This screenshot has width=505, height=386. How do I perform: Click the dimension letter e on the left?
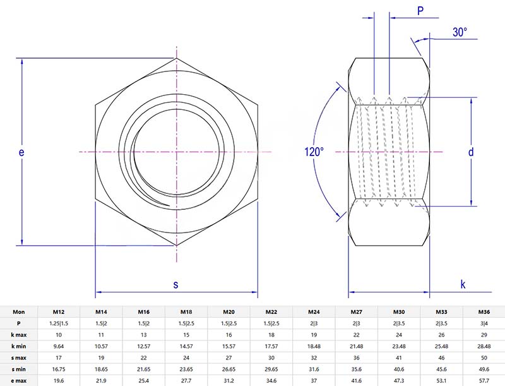(21, 152)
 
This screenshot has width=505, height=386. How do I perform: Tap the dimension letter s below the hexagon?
(175, 284)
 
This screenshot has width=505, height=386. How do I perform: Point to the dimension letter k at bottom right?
(463, 284)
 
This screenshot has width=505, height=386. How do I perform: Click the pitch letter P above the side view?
(420, 10)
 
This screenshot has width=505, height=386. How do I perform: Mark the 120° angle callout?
(314, 152)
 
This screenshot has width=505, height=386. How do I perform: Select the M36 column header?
(484, 311)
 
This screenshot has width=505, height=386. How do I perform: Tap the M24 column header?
(313, 311)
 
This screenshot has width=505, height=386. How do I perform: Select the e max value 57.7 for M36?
(484, 380)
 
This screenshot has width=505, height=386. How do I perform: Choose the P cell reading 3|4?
(484, 323)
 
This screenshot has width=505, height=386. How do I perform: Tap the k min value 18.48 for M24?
(313, 346)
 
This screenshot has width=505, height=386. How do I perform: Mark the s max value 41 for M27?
(398, 358)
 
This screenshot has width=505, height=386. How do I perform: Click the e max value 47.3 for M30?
(398, 380)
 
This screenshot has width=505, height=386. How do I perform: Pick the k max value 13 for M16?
(143, 334)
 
